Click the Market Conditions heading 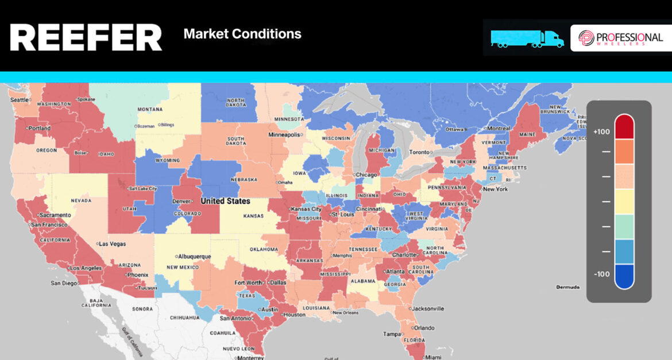[x=242, y=34]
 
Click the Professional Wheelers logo [x=620, y=38]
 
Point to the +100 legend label [x=601, y=132]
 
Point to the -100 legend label [x=601, y=274]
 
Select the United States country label [x=225, y=201]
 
